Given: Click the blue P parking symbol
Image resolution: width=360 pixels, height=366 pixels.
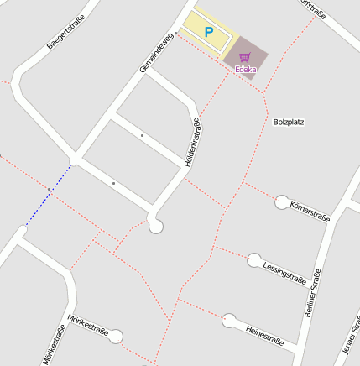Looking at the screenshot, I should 209,32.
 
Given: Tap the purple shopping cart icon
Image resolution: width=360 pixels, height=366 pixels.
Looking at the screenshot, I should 245,57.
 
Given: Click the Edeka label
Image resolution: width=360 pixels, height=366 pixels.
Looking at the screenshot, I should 245,69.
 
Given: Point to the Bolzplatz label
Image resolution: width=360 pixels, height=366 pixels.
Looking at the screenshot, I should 288,122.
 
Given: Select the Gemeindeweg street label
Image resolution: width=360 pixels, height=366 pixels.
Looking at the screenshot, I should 157,52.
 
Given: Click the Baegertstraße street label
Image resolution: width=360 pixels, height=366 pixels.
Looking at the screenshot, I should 60,31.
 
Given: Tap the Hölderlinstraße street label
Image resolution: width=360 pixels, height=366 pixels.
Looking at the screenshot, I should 193,142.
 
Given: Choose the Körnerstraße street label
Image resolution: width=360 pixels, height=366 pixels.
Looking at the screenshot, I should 309,212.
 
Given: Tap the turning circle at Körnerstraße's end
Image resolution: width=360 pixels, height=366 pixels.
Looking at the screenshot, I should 282,201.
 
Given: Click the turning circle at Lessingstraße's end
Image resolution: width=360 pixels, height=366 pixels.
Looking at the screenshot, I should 254,260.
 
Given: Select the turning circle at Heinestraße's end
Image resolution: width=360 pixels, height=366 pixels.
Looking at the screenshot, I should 228,320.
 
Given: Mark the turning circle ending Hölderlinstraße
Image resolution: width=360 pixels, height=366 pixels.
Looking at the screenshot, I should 155,225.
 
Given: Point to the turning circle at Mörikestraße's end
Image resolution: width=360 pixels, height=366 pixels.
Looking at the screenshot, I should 116,337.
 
